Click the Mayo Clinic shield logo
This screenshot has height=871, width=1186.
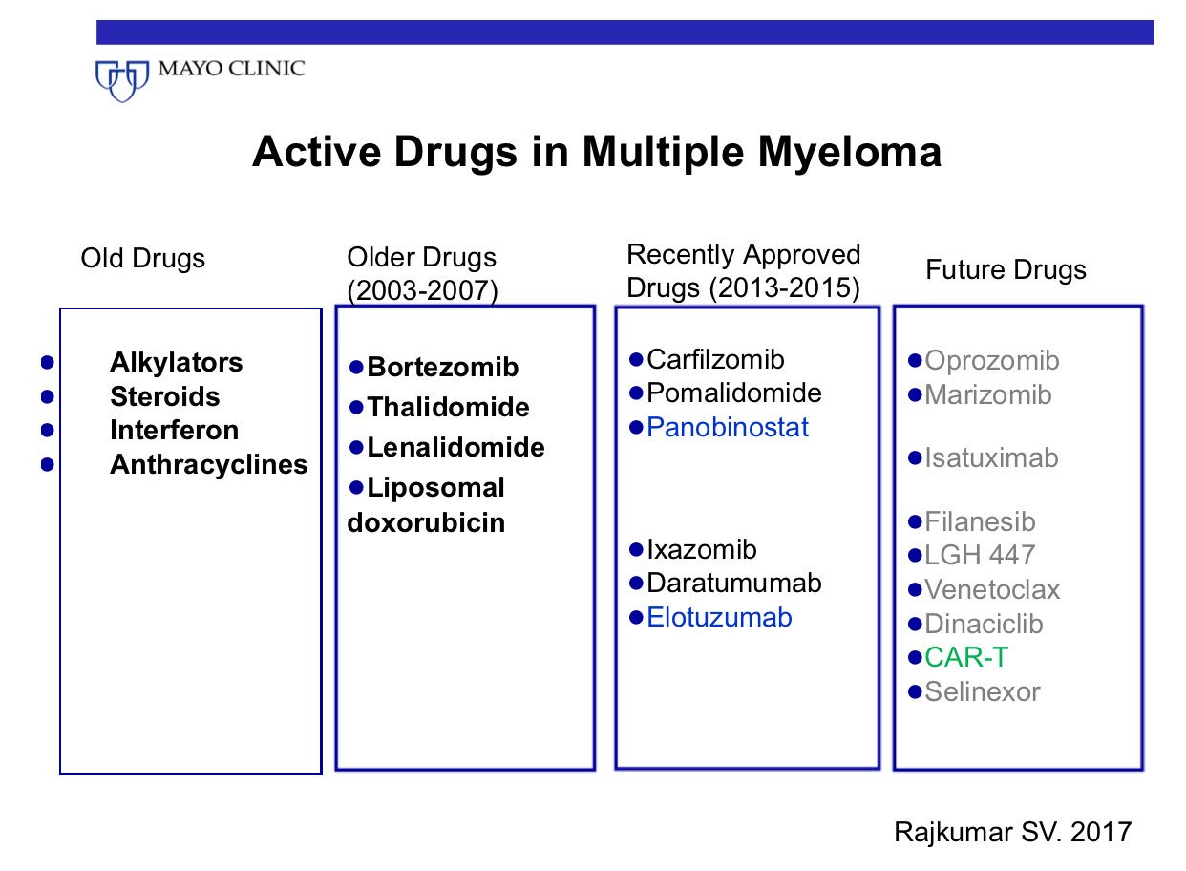click(122, 81)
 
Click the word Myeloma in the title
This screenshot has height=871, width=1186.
click(849, 153)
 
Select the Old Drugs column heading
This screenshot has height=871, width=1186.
click(143, 260)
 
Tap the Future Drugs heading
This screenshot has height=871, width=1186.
click(1006, 270)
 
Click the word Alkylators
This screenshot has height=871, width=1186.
click(177, 363)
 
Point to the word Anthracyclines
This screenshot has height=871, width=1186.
click(208, 465)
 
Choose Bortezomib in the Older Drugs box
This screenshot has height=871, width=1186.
click(443, 368)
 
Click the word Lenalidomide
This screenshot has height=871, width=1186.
click(455, 447)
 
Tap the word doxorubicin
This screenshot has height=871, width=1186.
click(426, 523)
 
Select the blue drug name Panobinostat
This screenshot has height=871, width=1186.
click(728, 428)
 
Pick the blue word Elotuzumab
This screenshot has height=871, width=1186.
click(719, 618)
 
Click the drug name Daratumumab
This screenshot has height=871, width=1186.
click(733, 584)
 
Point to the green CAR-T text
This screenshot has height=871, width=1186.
click(966, 658)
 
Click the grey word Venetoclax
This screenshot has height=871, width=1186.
click(992, 590)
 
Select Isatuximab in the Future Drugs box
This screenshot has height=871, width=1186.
click(991, 458)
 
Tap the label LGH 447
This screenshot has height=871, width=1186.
click(980, 556)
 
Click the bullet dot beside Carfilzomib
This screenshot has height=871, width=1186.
click(636, 359)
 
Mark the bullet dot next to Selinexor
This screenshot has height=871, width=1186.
click(915, 691)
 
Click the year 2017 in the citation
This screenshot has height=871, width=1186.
click(1101, 832)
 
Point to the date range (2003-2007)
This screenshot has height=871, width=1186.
click(422, 291)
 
